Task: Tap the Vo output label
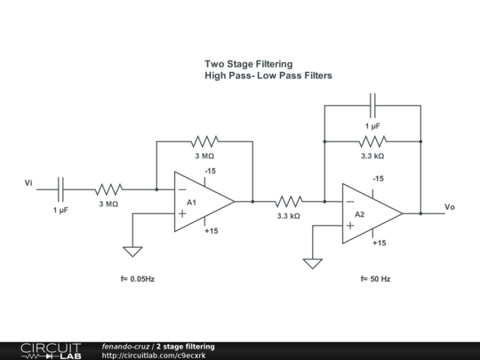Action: [x=450, y=206]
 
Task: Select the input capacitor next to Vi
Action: [x=60, y=188]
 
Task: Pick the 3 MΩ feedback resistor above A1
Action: [x=204, y=140]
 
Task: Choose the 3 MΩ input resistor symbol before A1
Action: [x=108, y=188]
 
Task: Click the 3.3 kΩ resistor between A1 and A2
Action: [x=288, y=201]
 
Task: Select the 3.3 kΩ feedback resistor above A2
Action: [x=372, y=140]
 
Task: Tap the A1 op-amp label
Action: [x=191, y=203]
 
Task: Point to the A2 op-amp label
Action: [x=359, y=215]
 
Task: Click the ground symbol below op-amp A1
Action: [x=132, y=251]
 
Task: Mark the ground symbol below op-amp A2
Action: [x=312, y=262]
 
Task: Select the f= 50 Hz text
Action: [x=375, y=279]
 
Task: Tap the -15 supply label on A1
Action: [x=210, y=171]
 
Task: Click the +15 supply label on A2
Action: [x=379, y=243]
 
